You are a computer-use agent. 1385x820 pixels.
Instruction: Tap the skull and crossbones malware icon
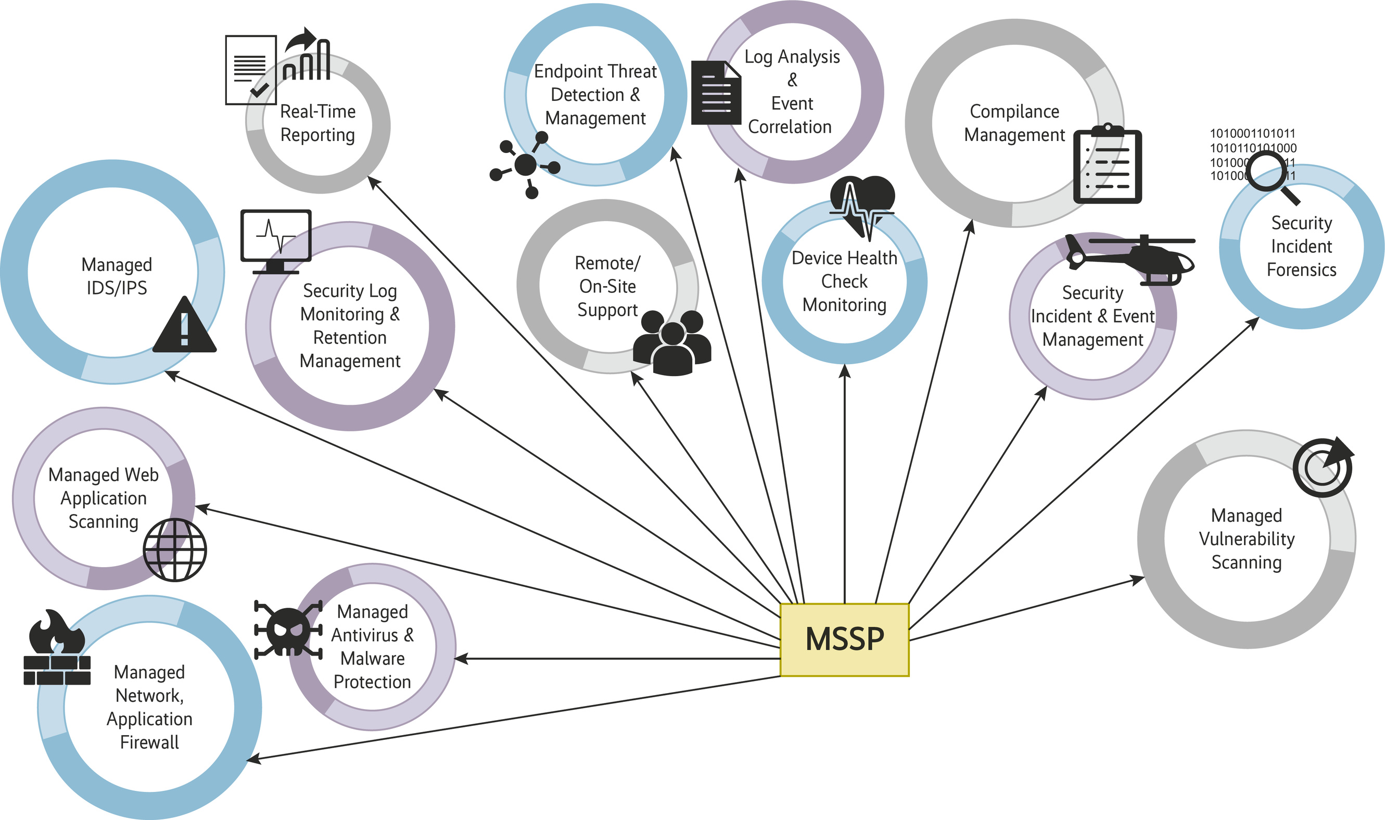288,630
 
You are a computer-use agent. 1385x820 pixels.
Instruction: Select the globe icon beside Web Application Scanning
175,550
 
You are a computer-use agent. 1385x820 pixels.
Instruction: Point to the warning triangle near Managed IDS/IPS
184,328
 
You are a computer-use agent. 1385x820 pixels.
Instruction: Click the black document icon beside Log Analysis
716,93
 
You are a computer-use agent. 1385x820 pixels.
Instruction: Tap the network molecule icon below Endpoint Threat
525,164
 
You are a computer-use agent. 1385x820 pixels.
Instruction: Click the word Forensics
1301,270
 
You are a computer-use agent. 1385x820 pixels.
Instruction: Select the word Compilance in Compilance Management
1014,112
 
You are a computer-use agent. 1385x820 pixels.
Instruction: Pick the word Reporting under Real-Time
317,135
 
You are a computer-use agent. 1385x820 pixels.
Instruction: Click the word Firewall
149,742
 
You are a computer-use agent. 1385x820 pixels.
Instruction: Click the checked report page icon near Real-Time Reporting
250,70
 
